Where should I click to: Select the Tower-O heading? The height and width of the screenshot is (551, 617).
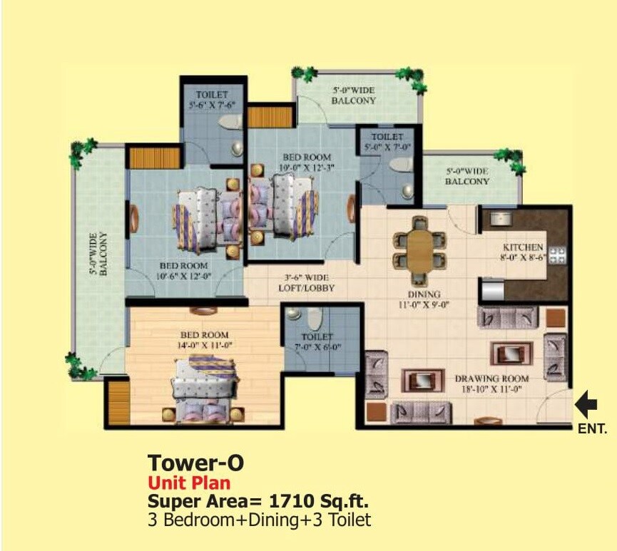[x=195, y=463]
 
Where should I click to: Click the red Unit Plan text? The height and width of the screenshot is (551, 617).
[x=188, y=483]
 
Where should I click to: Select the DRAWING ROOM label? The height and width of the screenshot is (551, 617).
[x=491, y=378]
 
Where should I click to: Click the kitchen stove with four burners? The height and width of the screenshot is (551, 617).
[x=556, y=255]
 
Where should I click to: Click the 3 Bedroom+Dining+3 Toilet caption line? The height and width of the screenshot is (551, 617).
[x=259, y=520]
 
